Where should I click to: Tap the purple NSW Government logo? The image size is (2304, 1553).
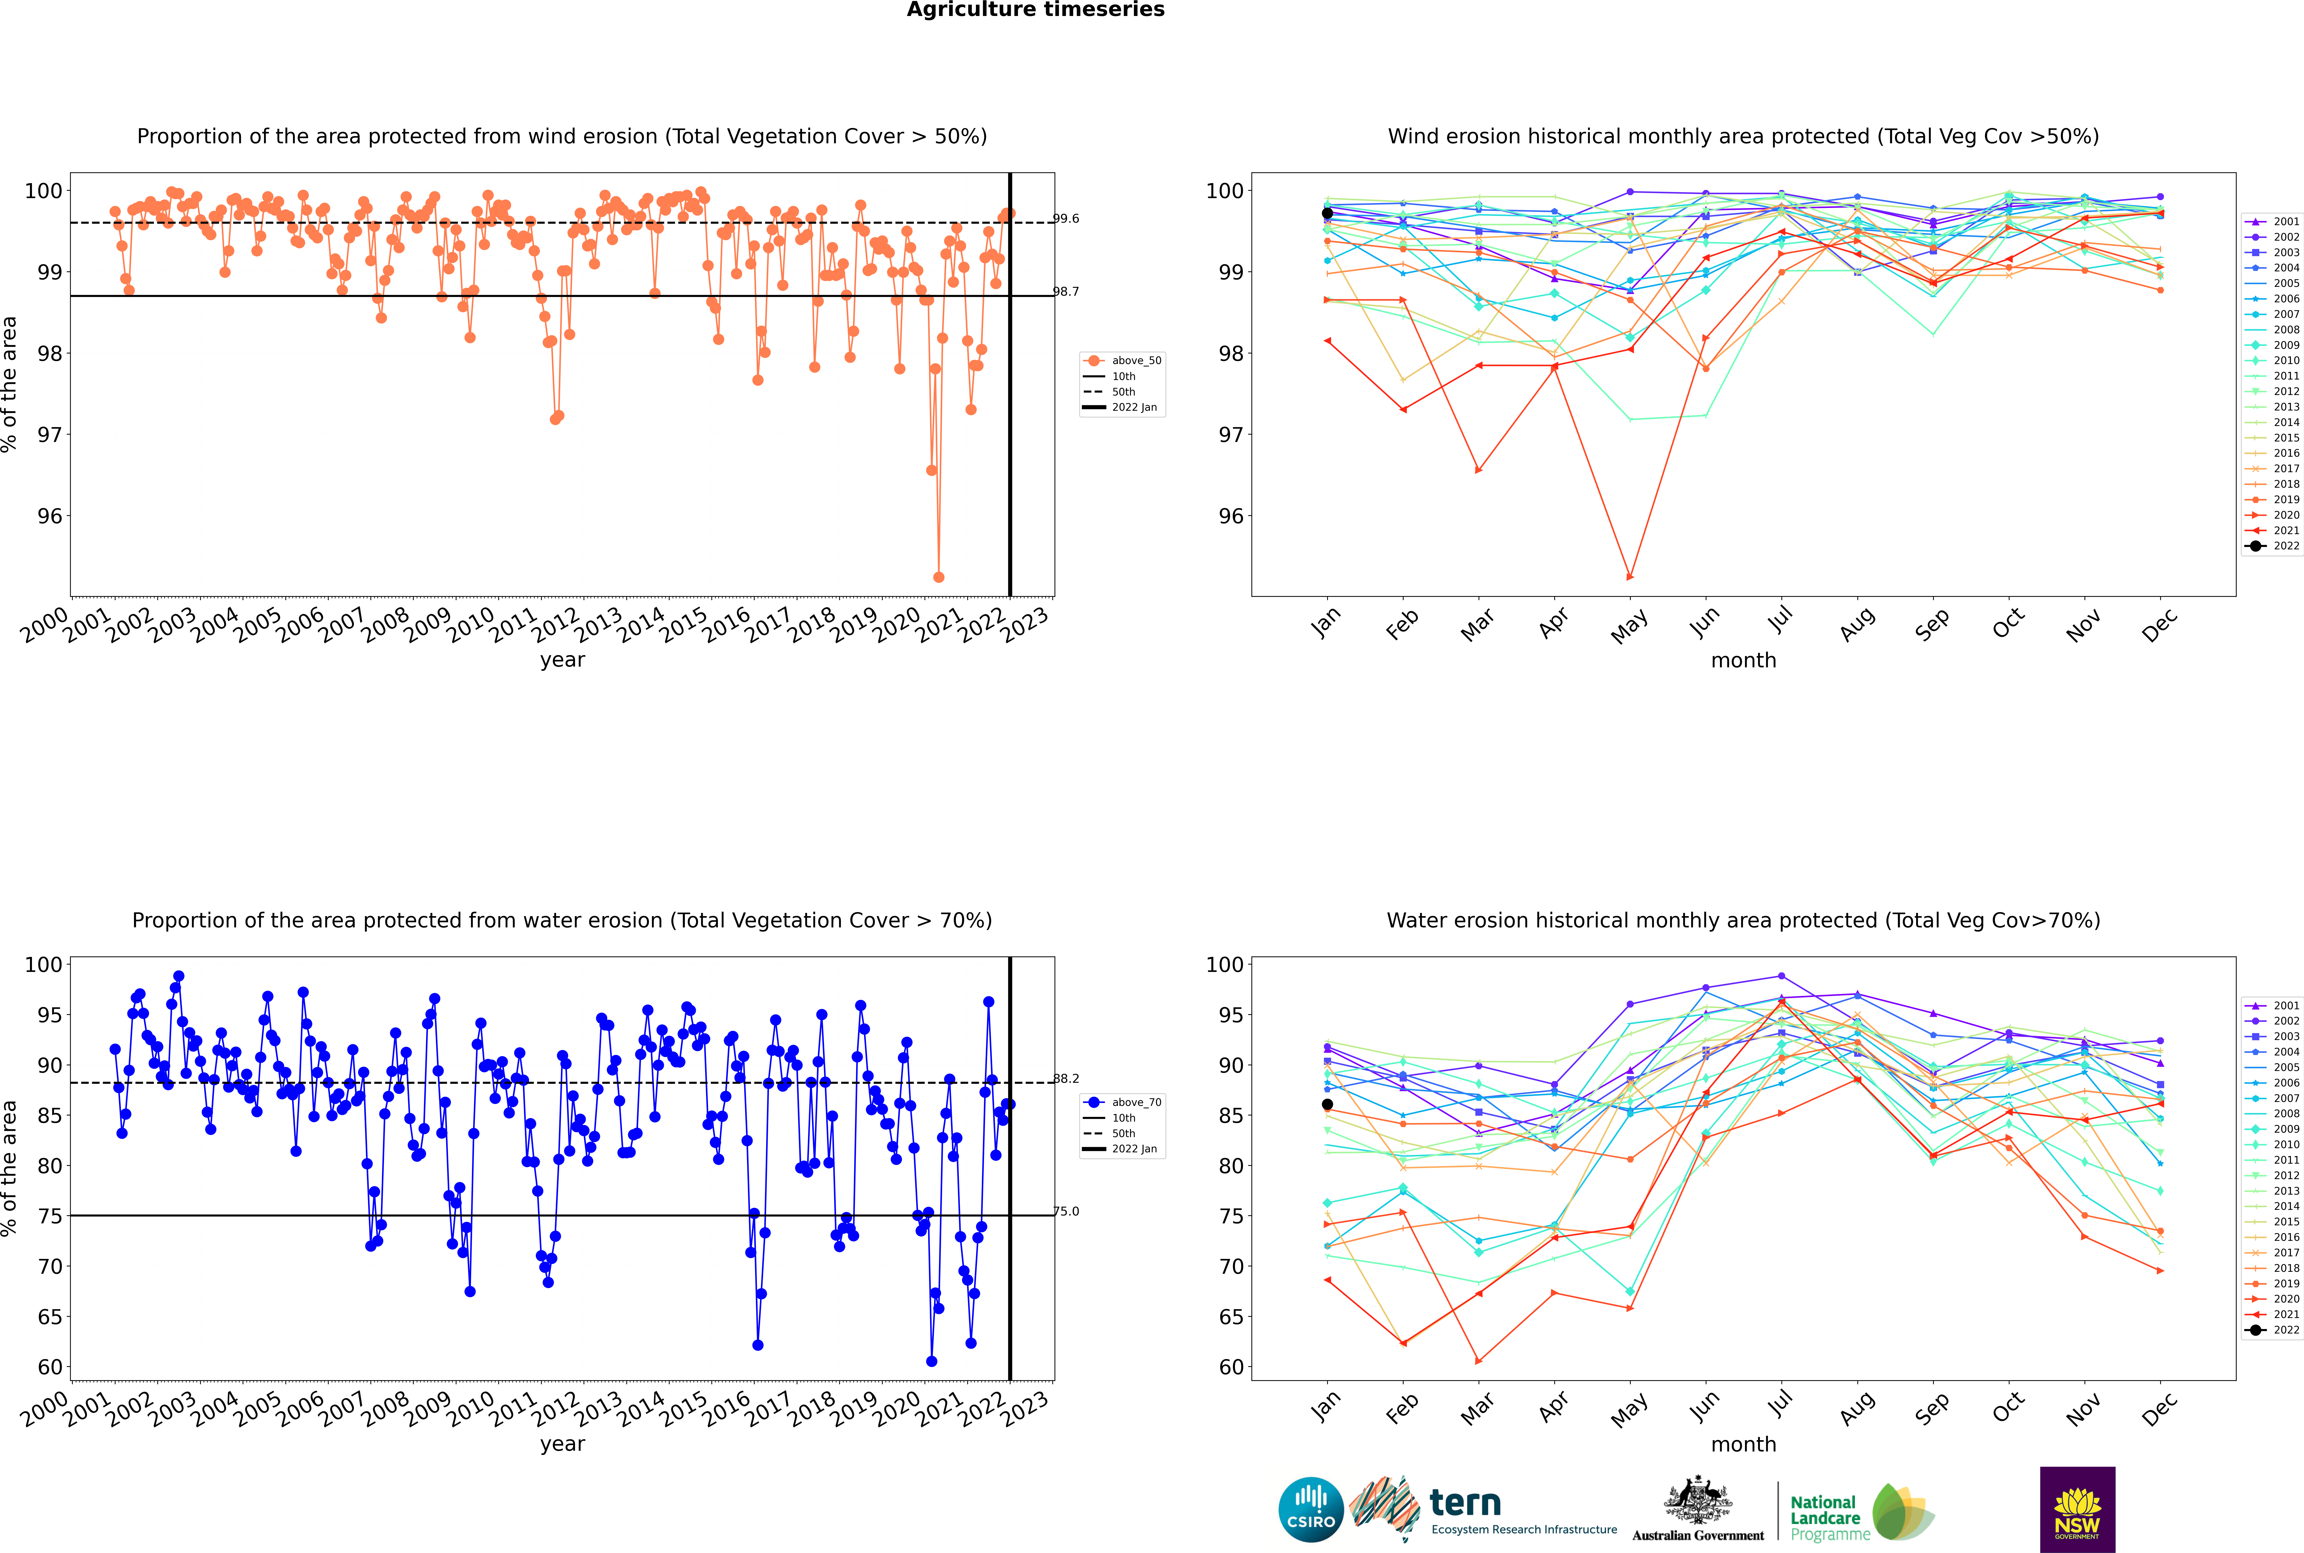2077,1509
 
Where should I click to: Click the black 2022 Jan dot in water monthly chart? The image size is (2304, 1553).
1327,1104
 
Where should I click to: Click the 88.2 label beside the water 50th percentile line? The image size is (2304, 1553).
1066,1079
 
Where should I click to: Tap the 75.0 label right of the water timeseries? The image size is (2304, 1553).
1066,1211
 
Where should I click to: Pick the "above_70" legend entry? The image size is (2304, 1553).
1123,1102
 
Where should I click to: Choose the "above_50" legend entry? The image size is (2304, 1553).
1123,361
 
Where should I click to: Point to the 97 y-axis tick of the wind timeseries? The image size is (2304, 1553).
49,435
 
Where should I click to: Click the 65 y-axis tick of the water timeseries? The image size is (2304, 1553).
49,1317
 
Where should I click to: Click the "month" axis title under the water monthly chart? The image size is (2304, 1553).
1743,1444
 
